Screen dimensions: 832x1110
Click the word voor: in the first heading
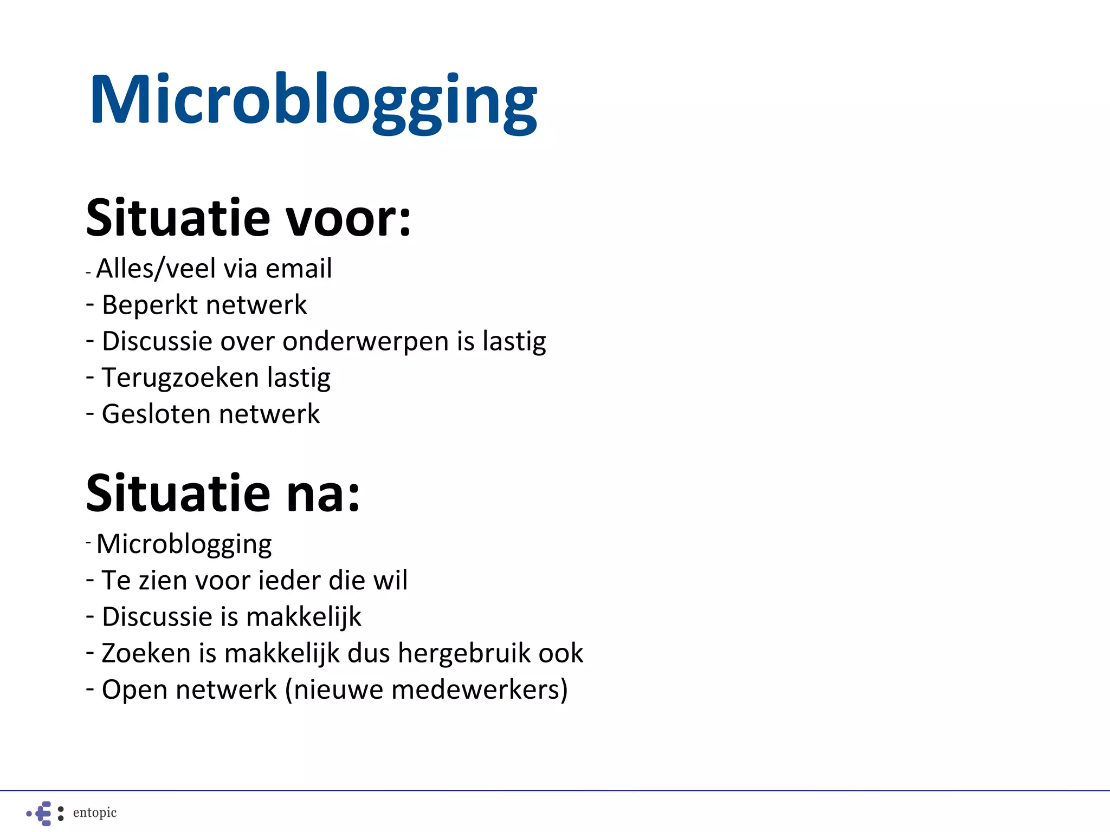(348, 218)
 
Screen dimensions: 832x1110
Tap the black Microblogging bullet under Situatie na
(184, 544)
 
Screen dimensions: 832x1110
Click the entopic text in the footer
(95, 812)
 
